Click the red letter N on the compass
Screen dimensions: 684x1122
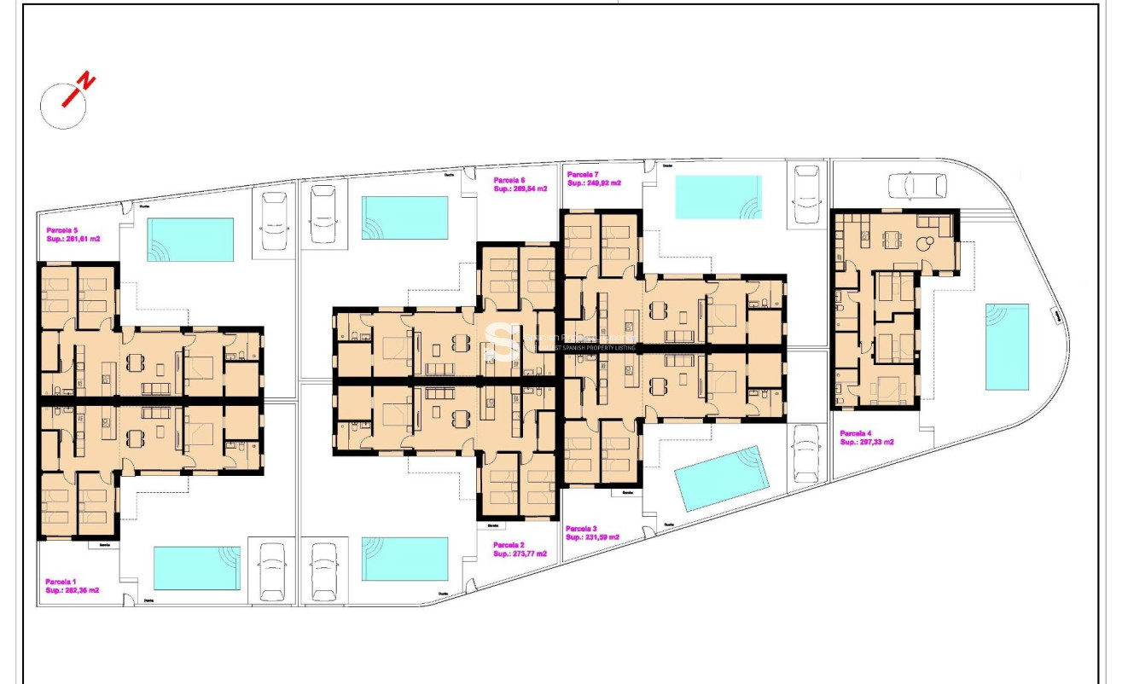tap(87, 82)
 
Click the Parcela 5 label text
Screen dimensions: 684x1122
tap(62, 230)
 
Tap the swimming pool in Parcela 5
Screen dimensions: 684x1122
tap(190, 239)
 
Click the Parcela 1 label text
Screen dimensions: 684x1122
tap(61, 581)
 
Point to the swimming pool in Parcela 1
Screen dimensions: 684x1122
tap(196, 568)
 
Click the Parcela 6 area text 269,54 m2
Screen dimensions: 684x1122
tap(520, 189)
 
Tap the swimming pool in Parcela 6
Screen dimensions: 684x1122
tap(404, 218)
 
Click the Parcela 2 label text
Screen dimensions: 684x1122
tap(509, 544)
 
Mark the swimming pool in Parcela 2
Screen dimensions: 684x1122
tap(404, 559)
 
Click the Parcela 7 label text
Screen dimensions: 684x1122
tap(584, 174)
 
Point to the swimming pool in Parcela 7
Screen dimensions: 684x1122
tap(718, 197)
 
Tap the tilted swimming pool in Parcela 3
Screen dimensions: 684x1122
tap(723, 478)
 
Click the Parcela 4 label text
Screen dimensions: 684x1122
tap(856, 433)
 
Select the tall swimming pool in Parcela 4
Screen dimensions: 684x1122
tap(1007, 345)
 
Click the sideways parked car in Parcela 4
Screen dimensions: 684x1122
tap(916, 185)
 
